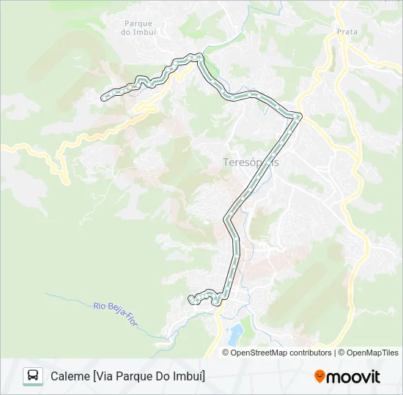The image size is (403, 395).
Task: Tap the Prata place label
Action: pyautogui.click(x=347, y=31)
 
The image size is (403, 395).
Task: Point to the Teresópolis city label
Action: pyautogui.click(x=250, y=162)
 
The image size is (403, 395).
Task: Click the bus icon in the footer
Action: pyautogui.click(x=33, y=376)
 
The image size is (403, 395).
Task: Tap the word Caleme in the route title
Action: pyautogui.click(x=70, y=376)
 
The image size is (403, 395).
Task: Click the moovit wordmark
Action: pyautogui.click(x=353, y=377)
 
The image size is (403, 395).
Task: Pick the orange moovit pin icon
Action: pyautogui.click(x=319, y=377)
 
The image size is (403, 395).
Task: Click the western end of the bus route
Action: pyautogui.click(x=103, y=96)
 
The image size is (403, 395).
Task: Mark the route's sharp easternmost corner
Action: pyautogui.click(x=299, y=115)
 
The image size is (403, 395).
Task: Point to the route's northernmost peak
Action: pyautogui.click(x=196, y=55)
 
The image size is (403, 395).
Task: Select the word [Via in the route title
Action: pyautogui.click(x=103, y=376)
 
